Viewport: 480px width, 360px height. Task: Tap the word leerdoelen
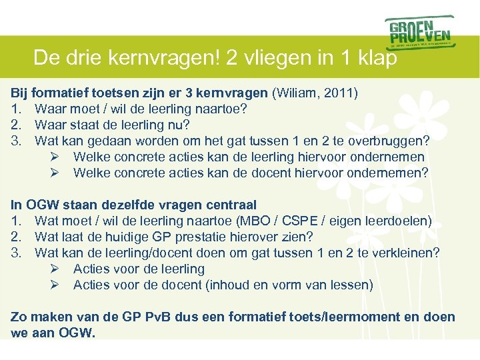click(x=398, y=221)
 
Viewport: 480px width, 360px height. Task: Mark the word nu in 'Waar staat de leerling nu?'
click(x=182, y=125)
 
